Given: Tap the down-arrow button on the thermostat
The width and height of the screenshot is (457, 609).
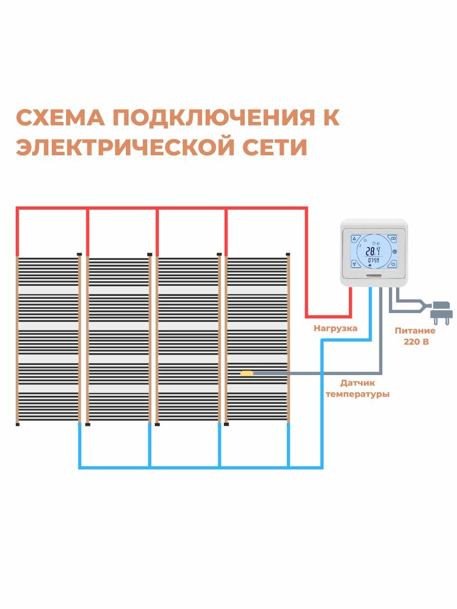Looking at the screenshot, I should click(354, 263).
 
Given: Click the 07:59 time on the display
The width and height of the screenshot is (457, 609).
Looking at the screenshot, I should click(373, 260).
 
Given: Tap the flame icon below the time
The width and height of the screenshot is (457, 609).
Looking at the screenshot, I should click(370, 265).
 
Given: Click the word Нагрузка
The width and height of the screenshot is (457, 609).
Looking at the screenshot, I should click(335, 328).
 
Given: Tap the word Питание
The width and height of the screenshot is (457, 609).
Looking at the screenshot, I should click(415, 330).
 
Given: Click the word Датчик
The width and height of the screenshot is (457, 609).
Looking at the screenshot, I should click(358, 383).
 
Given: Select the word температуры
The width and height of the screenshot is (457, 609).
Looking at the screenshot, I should click(358, 394).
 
